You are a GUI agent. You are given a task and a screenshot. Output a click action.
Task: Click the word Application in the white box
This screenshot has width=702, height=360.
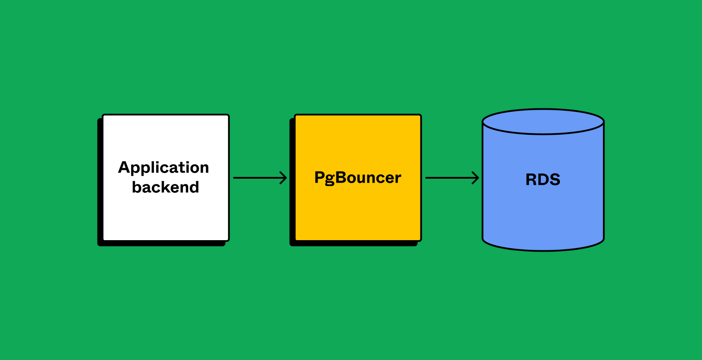pos(164,168)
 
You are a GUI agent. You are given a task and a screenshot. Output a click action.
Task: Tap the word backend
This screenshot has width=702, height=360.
pos(165,187)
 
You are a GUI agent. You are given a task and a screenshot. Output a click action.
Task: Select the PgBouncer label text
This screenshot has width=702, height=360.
pos(358,178)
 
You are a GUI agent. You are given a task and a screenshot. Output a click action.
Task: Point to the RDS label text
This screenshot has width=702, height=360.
pos(543,180)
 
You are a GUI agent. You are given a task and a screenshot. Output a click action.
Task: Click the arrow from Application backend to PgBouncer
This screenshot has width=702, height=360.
pos(259,178)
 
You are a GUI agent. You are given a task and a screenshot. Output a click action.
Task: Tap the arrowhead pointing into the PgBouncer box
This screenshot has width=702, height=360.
pos(284,178)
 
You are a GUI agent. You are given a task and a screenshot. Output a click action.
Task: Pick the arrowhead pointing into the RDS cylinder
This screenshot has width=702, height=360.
pos(476,178)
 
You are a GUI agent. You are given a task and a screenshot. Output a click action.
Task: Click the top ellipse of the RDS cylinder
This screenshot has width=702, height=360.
pos(543,122)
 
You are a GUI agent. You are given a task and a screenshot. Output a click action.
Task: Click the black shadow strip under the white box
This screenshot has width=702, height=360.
pos(162,244)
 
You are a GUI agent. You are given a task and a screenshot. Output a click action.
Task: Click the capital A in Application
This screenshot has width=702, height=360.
pos(125,167)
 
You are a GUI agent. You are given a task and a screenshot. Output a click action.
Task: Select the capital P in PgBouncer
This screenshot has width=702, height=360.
pos(319,177)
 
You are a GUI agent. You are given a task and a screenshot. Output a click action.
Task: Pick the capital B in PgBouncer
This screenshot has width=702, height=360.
pos(341,177)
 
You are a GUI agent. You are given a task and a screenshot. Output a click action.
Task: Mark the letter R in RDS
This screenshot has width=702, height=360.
pos(531,180)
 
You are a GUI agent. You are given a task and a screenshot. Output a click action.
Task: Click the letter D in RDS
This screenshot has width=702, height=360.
pos(543,180)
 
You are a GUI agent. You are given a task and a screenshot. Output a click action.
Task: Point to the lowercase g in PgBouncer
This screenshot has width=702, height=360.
pos(330,179)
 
